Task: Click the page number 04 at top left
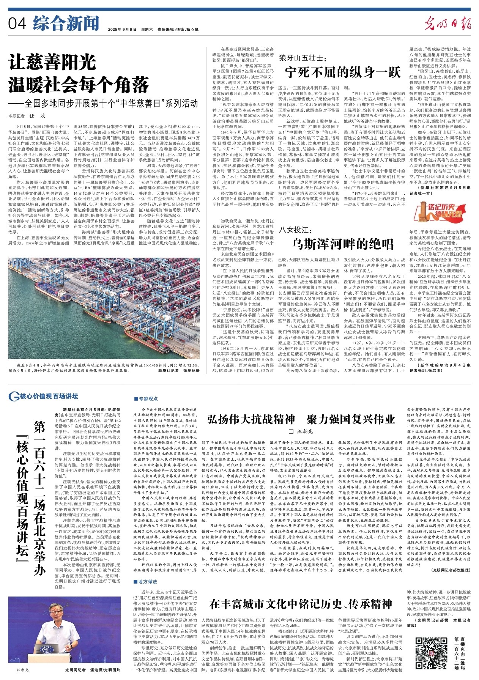click(17, 24)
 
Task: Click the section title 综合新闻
click(60, 24)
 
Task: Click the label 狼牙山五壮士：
click(302, 58)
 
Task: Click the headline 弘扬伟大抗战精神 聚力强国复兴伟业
click(301, 419)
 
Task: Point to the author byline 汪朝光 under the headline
click(301, 431)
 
